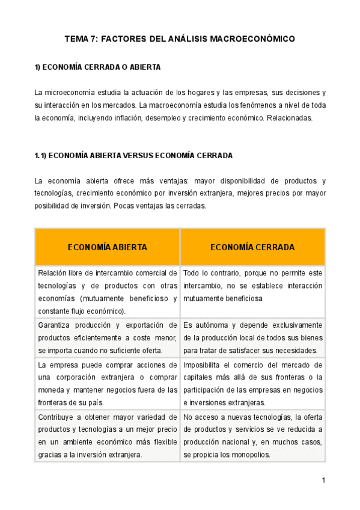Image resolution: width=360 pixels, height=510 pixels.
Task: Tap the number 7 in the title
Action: coord(93,39)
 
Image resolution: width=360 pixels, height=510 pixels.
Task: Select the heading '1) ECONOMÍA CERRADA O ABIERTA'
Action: coord(97,67)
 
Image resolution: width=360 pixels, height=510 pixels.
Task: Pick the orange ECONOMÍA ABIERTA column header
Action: coord(108,247)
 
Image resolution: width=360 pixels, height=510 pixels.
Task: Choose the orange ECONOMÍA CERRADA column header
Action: coord(252,247)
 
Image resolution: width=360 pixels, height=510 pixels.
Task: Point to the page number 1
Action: coord(323,481)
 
